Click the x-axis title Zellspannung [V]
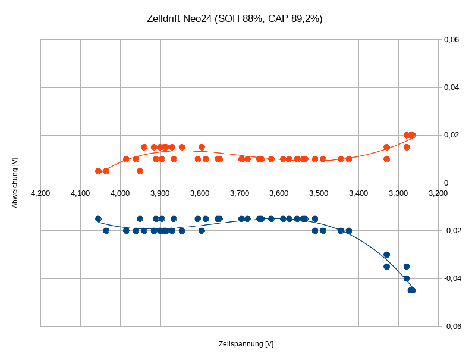(x=246, y=344)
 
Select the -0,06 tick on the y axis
(x=450, y=326)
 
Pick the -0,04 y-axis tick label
(x=450, y=278)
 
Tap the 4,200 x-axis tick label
(x=40, y=193)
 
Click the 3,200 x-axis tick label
(x=438, y=193)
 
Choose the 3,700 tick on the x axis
(x=240, y=193)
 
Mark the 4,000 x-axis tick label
(x=120, y=193)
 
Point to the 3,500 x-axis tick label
(x=319, y=193)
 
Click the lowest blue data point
(x=411, y=290)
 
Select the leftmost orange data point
(x=98, y=171)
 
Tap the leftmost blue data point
(x=98, y=219)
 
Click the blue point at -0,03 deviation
(x=386, y=255)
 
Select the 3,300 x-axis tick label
(x=398, y=193)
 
